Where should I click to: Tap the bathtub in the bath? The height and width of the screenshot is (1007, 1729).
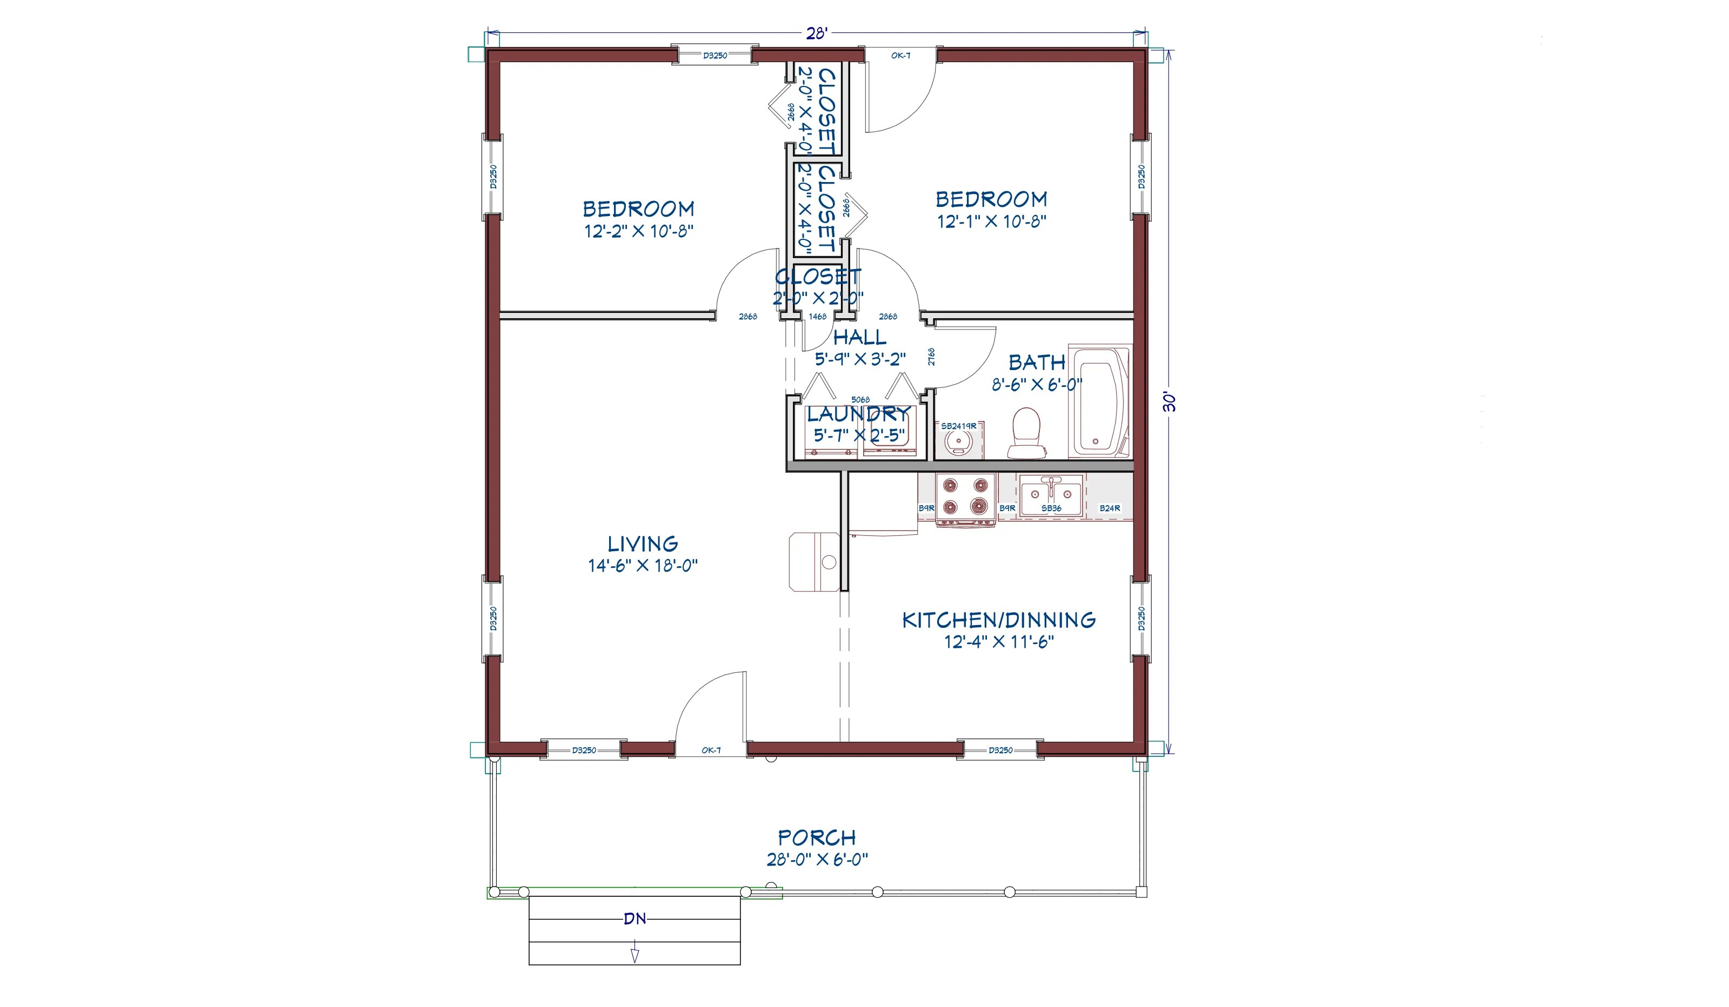click(1100, 402)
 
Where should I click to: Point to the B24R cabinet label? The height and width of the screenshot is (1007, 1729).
click(1110, 508)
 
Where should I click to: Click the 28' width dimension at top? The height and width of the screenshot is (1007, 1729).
click(817, 33)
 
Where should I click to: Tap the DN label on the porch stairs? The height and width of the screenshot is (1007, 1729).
click(635, 918)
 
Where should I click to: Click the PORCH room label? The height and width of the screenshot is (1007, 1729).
click(817, 837)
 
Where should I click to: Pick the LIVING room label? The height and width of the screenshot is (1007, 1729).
click(643, 544)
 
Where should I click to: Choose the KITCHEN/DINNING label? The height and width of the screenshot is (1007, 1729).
click(998, 620)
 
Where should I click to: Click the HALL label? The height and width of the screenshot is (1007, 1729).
click(860, 337)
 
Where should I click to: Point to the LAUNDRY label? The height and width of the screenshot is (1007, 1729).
click(858, 414)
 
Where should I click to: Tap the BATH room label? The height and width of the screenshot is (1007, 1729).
click(1037, 362)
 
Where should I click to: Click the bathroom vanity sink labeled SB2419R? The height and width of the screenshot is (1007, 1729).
click(958, 439)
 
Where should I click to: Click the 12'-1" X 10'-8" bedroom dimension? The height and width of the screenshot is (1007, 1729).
click(991, 221)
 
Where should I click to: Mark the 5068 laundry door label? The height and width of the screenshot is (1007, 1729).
click(860, 399)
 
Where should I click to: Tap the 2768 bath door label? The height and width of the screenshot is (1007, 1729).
click(931, 357)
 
